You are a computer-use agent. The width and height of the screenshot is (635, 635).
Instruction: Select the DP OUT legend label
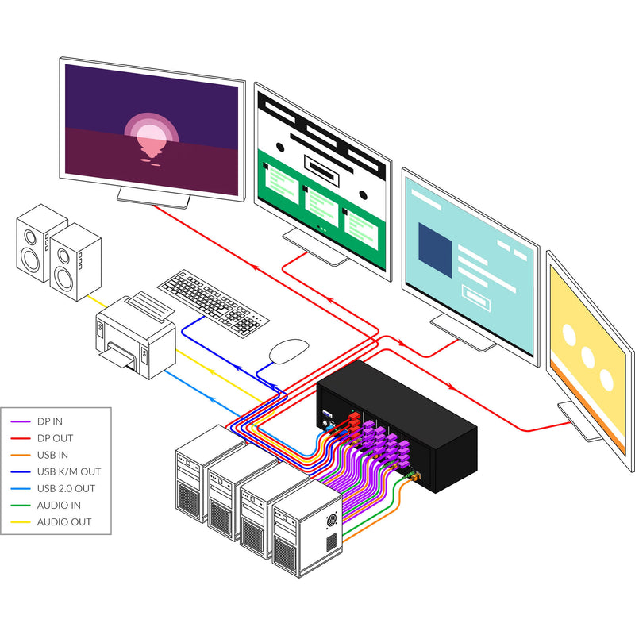(x=55, y=438)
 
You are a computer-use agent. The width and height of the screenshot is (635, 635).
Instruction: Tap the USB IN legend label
(x=53, y=455)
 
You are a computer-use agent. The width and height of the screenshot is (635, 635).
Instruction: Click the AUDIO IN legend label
(x=59, y=505)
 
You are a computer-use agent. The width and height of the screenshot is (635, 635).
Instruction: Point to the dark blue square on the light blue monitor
(x=435, y=252)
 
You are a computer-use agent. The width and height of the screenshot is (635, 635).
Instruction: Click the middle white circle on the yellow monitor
(x=588, y=358)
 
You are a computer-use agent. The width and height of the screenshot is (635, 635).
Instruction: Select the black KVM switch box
(x=397, y=425)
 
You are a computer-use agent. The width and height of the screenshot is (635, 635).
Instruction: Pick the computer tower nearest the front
(x=306, y=532)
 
